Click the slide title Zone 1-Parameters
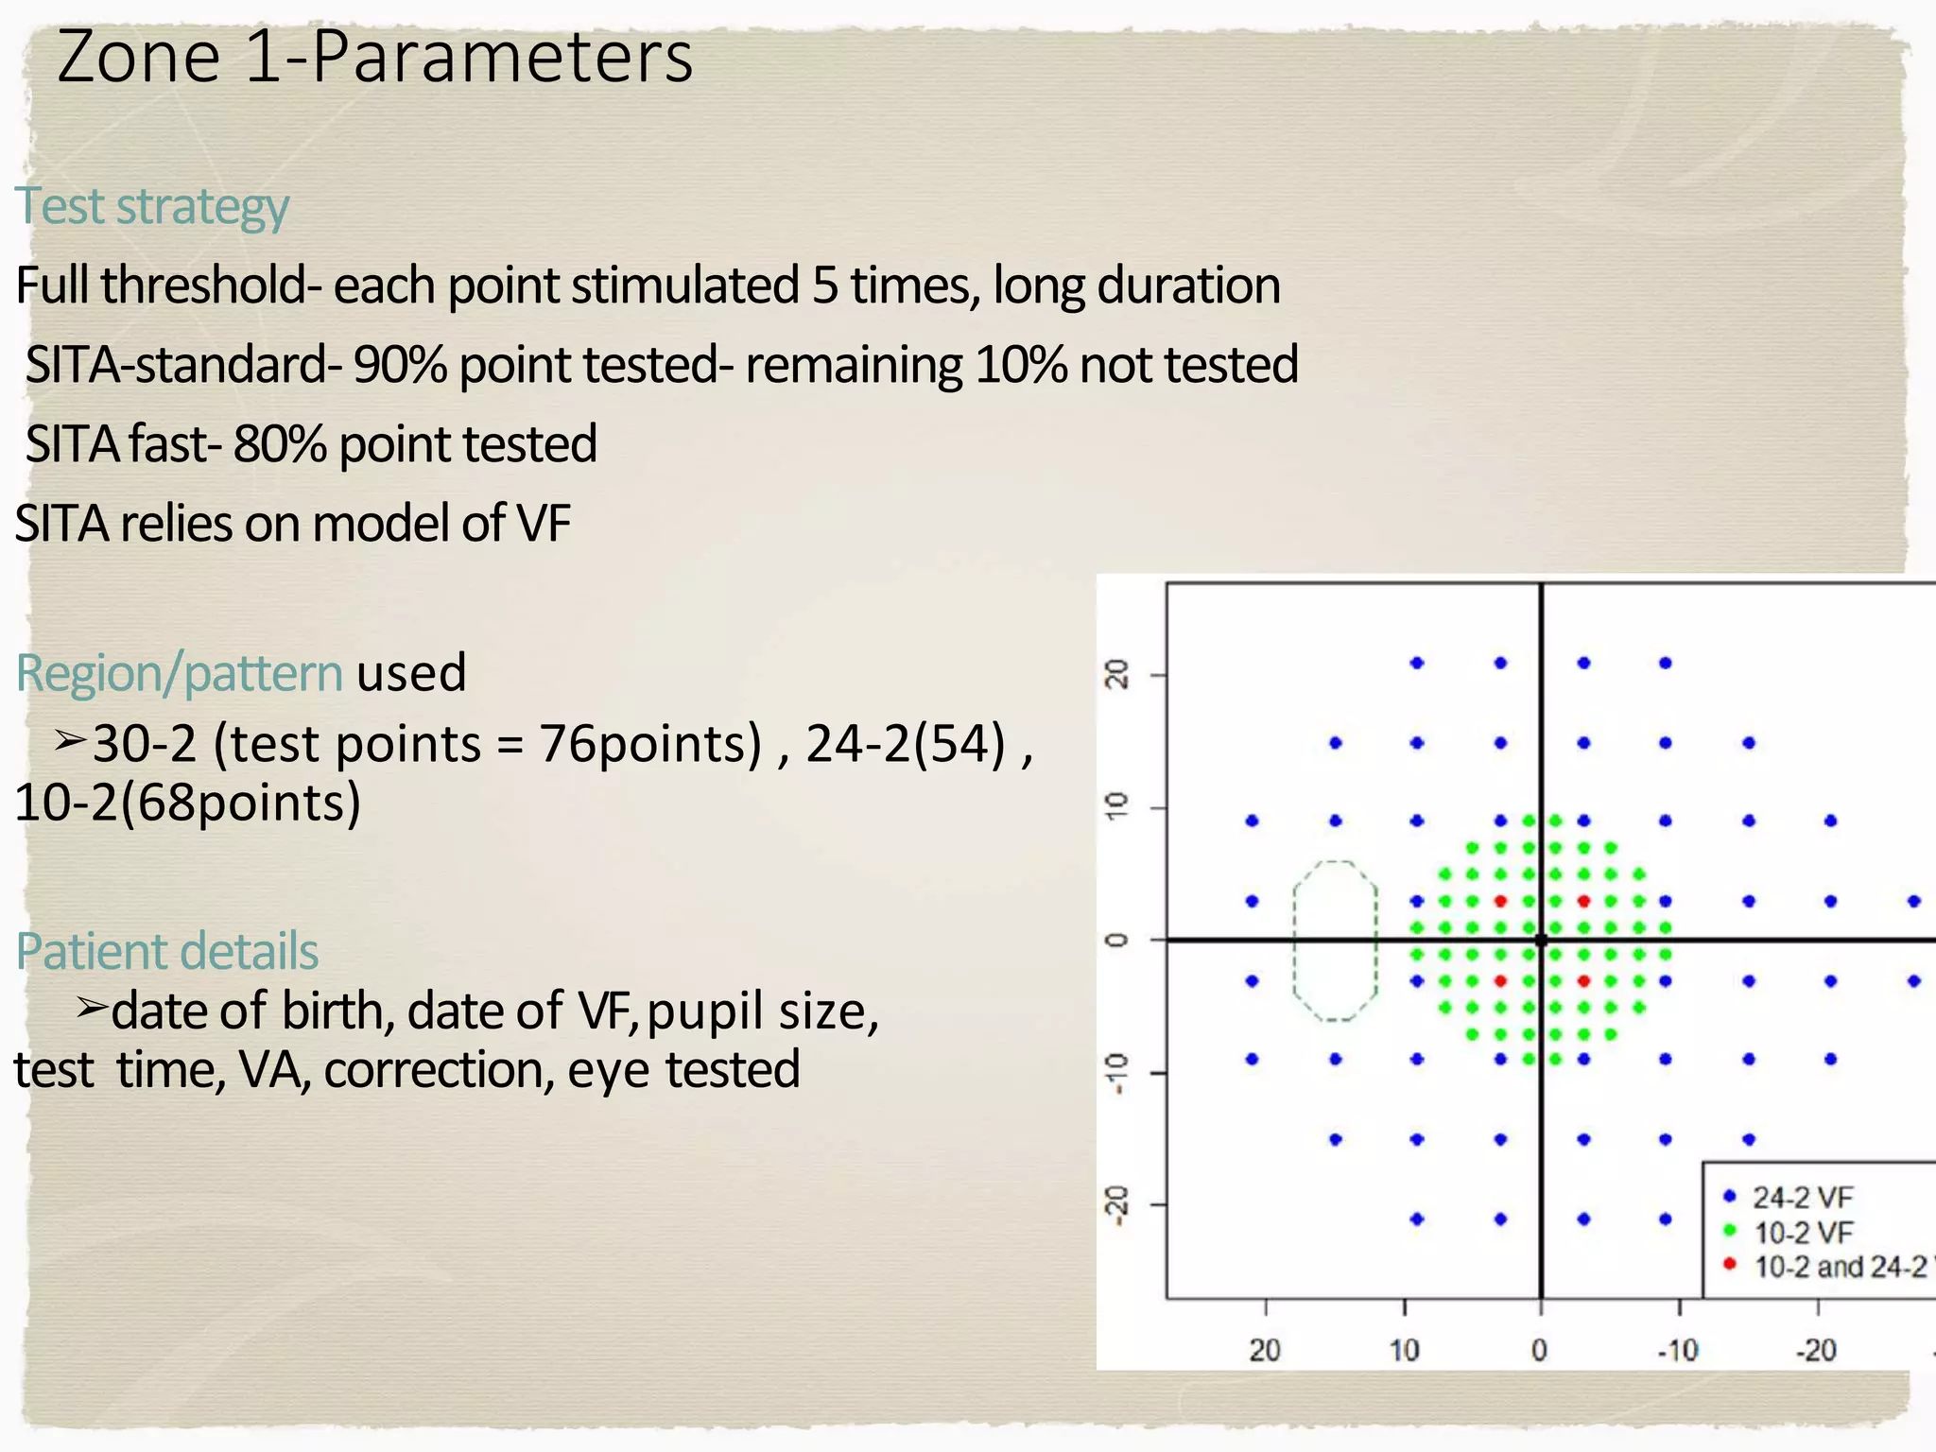tap(374, 59)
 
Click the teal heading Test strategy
tap(151, 206)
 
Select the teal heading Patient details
tap(167, 951)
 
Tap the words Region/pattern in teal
tap(179, 673)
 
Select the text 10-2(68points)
tap(187, 803)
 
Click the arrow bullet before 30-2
tap(70, 740)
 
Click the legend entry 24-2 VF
tap(1802, 1198)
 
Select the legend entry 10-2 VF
tap(1802, 1233)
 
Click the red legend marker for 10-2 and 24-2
tap(1730, 1264)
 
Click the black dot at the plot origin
tap(1542, 940)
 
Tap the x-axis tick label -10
tap(1678, 1350)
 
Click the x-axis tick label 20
tap(1265, 1350)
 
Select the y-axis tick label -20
tap(1117, 1205)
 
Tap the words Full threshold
tap(161, 285)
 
